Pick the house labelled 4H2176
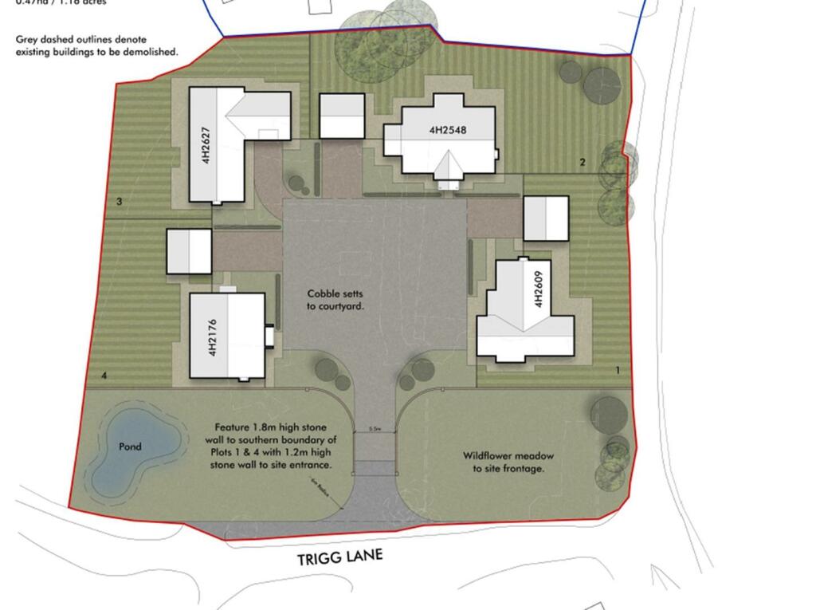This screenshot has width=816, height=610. [x=227, y=336]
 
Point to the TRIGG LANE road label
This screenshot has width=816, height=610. [x=340, y=557]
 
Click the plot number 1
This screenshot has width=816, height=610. [x=618, y=370]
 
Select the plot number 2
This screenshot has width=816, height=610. [x=583, y=163]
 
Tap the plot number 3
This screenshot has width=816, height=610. [x=119, y=202]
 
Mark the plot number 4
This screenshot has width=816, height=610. [x=104, y=375]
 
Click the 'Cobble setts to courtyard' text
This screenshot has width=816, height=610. [x=335, y=299]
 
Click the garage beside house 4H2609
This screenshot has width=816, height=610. [x=546, y=218]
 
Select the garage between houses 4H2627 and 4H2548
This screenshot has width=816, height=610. [x=342, y=116]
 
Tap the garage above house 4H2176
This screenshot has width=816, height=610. [x=189, y=251]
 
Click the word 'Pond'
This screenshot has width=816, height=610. [x=130, y=447]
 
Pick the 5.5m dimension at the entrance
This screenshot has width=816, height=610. [x=375, y=430]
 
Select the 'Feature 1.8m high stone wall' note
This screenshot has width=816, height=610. [x=275, y=446]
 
